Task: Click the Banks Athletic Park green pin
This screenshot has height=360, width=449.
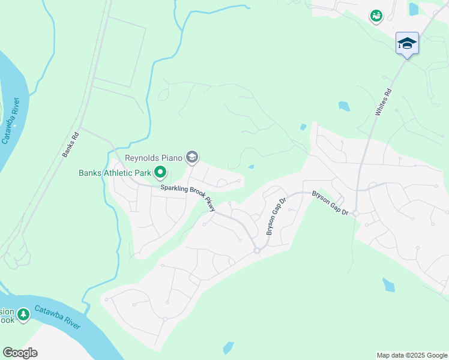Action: point(160,173)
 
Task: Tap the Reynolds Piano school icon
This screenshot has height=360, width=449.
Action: point(192,158)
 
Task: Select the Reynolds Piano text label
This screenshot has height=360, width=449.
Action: point(153,158)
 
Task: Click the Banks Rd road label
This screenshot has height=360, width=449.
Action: point(71,145)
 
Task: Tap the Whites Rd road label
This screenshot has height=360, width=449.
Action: point(382,102)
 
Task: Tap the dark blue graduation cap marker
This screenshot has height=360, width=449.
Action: point(407,43)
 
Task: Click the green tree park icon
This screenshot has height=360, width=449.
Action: point(23,314)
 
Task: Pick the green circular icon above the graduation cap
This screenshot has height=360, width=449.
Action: point(376,16)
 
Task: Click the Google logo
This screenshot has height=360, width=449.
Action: point(20,353)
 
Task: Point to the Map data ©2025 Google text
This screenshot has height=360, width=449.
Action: point(411,355)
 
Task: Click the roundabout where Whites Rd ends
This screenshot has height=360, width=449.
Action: point(355,213)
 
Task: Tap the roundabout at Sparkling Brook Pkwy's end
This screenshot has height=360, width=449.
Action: point(256,250)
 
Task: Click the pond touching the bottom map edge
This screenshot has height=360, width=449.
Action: point(228,348)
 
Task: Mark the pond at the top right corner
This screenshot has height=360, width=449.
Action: point(413,9)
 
